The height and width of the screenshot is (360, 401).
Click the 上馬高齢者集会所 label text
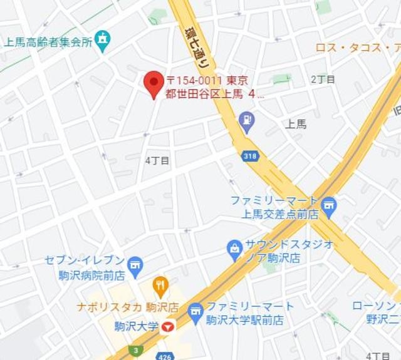click(x=48, y=43)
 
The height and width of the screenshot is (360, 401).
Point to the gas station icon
click(x=247, y=121)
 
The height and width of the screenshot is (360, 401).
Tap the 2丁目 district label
click(x=323, y=80)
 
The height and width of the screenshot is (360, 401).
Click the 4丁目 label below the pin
click(x=157, y=160)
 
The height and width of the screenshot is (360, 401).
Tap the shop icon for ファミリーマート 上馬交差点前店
click(x=329, y=204)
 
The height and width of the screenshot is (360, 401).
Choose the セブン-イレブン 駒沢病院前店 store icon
click(x=134, y=265)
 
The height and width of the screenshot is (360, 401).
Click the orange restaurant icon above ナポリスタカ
click(x=161, y=287)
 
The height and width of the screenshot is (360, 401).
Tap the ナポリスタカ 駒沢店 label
click(x=128, y=307)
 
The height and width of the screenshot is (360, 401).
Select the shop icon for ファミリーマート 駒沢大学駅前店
click(x=196, y=311)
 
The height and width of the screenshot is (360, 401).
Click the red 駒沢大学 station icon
click(x=167, y=326)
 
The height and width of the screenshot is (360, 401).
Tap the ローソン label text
click(x=375, y=306)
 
